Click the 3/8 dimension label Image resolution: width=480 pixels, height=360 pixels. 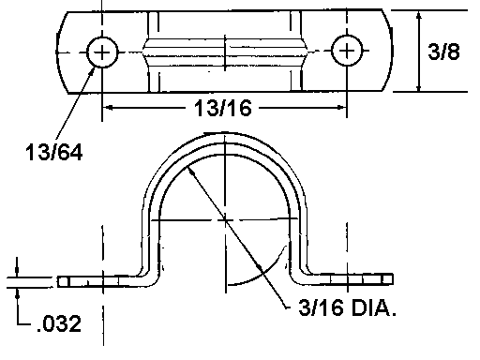coord(443,52)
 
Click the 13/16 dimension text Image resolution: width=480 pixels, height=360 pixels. coord(222,109)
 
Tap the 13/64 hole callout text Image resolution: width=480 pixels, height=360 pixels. coord(53,153)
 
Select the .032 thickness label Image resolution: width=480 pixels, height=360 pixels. coord(59,323)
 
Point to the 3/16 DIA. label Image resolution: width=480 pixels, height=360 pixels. coord(347,307)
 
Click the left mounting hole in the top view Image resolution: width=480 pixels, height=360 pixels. coord(102,52)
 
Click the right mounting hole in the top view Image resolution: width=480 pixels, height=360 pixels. coord(347,51)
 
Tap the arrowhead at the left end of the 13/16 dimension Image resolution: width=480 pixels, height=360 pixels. coord(108,108)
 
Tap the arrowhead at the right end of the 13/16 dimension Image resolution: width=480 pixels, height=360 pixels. coord(340,108)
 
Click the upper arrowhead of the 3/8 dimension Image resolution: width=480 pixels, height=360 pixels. coord(419,16)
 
